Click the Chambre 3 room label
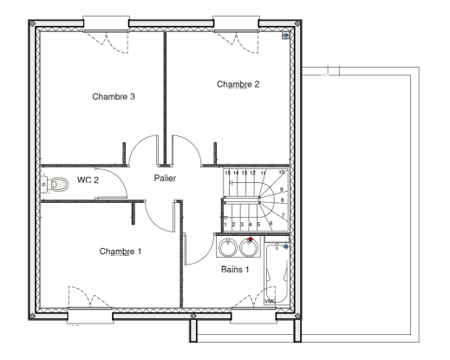pyautogui.click(x=113, y=96)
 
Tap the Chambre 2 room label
pyautogui.click(x=238, y=84)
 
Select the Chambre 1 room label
pyautogui.click(x=120, y=252)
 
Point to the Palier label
pyautogui.click(x=165, y=178)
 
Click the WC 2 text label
pyautogui.click(x=88, y=180)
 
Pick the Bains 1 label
pyautogui.click(x=237, y=270)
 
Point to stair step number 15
pyautogui.click(x=227, y=173)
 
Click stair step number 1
pyautogui.click(x=225, y=225)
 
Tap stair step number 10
pyautogui.click(x=282, y=173)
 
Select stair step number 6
pyautogui.click(x=271, y=224)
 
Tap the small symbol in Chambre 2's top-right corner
pyautogui.click(x=285, y=36)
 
